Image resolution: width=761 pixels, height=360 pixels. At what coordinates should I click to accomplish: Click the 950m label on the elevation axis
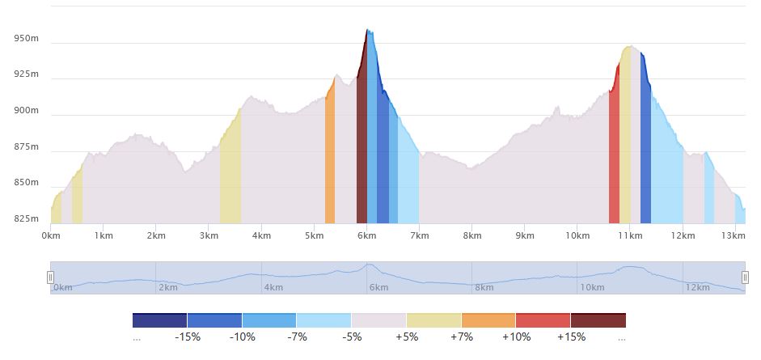[26, 38]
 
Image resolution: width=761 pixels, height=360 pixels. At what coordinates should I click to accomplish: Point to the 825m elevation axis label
[26, 218]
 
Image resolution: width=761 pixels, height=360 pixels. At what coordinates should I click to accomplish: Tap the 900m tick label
[26, 111]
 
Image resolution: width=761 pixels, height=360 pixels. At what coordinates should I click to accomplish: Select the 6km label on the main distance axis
[367, 235]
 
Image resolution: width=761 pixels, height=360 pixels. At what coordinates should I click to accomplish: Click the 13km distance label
[733, 235]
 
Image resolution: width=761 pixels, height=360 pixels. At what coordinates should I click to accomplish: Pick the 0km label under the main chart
[51, 235]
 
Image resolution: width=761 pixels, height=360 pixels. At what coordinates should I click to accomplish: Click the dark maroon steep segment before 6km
[361, 162]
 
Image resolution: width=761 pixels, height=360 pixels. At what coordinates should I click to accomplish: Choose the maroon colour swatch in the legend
[598, 320]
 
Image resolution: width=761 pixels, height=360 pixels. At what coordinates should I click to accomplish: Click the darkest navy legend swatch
[159, 320]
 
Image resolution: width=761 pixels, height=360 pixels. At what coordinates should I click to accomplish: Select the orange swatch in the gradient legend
[488, 320]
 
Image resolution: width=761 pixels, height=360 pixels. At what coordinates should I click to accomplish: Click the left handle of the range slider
[50, 277]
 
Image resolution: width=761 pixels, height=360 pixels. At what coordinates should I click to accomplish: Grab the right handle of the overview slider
[745, 277]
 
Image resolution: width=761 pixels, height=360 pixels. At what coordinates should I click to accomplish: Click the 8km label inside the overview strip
[484, 287]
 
